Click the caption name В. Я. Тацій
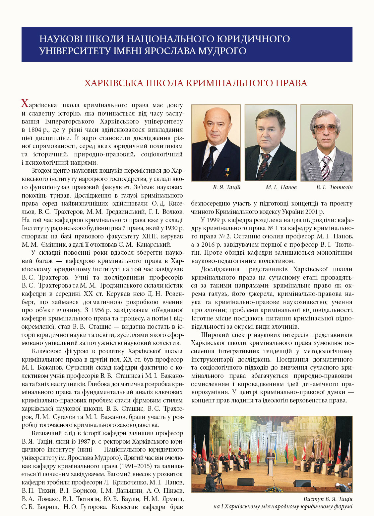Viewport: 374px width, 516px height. pyautogui.click(x=226, y=187)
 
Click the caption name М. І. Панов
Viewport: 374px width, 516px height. pyautogui.click(x=281, y=187)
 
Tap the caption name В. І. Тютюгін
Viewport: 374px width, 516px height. pyautogui.click(x=334, y=187)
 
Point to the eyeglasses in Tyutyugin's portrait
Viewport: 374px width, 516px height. pyautogui.click(x=326, y=128)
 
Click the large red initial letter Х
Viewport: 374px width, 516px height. pyautogui.click(x=25, y=104)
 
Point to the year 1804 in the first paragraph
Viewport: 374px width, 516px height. pyautogui.click(x=35, y=130)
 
